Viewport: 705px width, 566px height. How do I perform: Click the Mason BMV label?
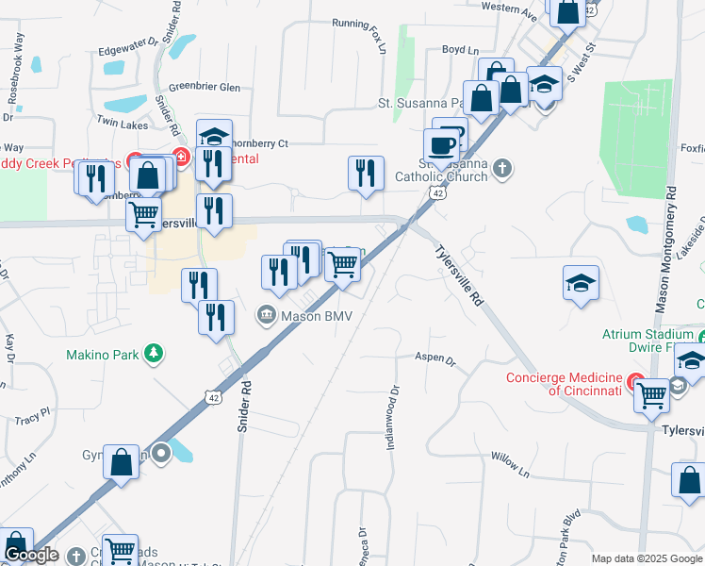(317, 315)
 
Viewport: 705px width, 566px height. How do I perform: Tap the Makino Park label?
(102, 355)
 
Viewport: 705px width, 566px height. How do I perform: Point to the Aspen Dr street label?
(435, 359)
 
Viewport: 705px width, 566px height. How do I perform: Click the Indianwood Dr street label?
(394, 416)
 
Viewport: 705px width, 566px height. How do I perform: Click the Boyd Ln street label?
(461, 49)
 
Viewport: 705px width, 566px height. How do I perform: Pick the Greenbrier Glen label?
(205, 86)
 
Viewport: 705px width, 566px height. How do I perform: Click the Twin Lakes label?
(122, 124)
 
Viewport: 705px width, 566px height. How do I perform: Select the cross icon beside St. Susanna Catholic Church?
(503, 168)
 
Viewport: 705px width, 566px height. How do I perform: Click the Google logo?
(31, 556)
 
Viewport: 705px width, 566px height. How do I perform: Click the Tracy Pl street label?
(32, 415)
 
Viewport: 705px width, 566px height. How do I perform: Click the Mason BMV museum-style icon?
(267, 315)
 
